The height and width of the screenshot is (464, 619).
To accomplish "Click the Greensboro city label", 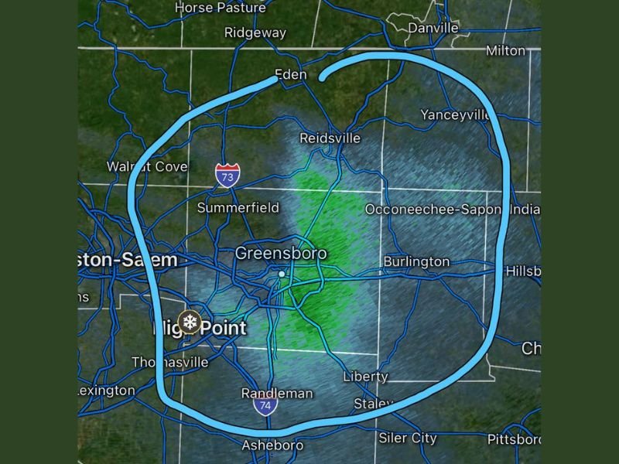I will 280,254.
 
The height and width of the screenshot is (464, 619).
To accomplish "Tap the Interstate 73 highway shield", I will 227,176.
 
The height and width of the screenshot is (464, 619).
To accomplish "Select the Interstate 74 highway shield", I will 265,405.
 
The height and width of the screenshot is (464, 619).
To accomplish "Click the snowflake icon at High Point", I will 188,321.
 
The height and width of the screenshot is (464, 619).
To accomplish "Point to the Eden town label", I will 290,75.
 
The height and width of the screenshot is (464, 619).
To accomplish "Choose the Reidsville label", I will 330,138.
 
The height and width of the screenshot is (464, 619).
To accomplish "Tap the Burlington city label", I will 416,261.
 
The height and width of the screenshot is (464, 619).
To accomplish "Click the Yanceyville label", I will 455,114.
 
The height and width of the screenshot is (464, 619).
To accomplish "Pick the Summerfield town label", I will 238,208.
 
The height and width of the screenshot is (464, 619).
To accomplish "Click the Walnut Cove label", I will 147,167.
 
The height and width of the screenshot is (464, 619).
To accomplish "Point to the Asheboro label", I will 272,445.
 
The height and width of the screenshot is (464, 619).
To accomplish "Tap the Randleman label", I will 277,394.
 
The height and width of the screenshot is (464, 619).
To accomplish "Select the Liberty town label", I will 366,377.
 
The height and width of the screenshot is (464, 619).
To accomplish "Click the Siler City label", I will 408,438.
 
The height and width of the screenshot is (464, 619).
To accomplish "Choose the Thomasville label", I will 170,362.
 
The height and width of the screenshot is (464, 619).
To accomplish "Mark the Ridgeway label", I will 255,33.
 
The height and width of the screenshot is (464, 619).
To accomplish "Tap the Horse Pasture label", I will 220,8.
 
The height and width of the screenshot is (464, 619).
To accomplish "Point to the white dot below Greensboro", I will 282,274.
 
